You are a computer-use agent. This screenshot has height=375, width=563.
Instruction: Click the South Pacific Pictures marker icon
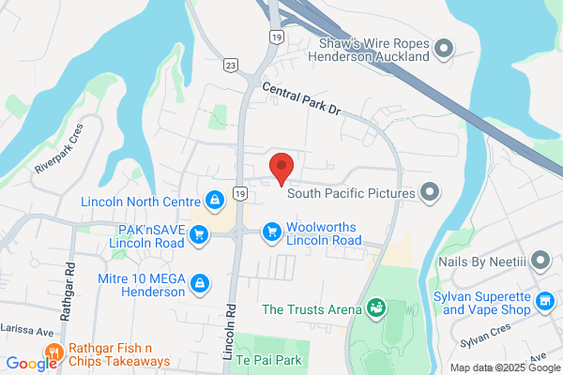430,193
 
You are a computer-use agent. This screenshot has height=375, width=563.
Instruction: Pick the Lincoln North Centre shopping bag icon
215,201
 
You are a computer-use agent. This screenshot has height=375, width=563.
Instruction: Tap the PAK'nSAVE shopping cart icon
198,234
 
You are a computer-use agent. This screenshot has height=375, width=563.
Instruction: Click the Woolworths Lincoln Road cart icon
272,232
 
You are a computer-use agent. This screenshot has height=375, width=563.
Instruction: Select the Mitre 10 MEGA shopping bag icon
199,283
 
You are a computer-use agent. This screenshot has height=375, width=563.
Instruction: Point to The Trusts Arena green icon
375,307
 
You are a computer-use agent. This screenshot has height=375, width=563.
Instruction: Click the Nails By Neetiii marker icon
540,259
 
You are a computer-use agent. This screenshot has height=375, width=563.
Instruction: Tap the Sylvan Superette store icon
543,301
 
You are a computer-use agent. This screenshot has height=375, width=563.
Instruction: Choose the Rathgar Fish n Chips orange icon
53,352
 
